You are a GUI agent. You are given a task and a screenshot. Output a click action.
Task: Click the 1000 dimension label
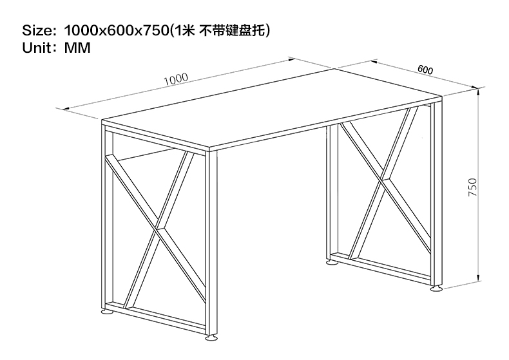[x=175, y=79]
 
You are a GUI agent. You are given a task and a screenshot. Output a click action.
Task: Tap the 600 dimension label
[x=425, y=70]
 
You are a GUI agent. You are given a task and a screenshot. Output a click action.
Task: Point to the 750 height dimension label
[x=472, y=187]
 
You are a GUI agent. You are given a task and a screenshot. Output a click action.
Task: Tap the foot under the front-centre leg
[x=212, y=338]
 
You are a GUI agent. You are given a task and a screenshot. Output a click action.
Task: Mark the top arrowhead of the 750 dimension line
[x=481, y=91]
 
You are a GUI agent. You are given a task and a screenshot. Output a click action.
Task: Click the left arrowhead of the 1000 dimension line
[x=62, y=108]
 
